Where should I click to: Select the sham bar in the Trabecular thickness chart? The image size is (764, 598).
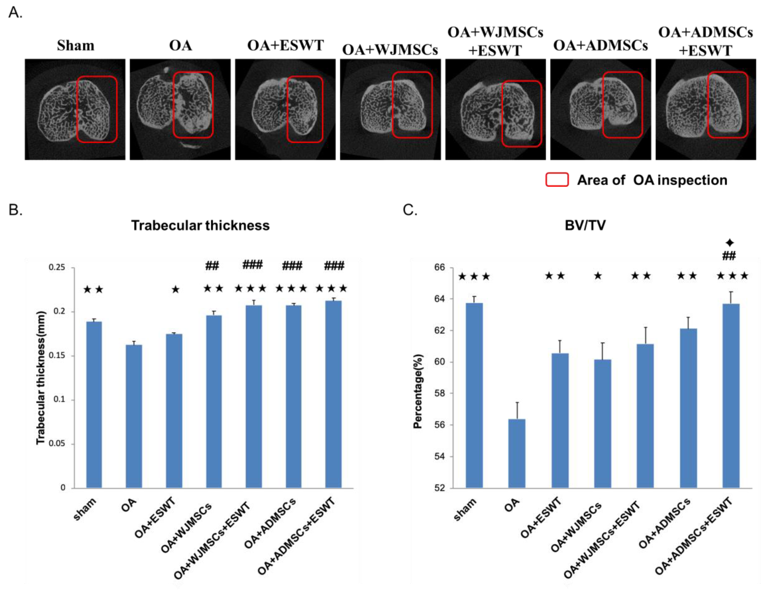point(94,404)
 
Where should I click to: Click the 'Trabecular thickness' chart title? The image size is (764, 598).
point(200,225)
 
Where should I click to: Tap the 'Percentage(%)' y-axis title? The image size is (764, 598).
point(418,391)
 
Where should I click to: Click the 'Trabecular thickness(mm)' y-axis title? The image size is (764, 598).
point(41,378)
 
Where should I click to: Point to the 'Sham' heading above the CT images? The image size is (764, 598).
point(76,46)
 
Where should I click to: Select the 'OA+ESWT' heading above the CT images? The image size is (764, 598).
point(285,46)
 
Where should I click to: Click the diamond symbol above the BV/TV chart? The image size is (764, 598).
point(729,243)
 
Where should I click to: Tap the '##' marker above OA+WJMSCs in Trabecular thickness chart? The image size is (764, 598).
point(212,266)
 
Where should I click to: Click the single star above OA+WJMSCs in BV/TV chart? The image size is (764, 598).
point(598,276)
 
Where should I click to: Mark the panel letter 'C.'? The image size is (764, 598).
point(410,210)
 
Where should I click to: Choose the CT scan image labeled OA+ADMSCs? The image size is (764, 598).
point(600,109)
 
